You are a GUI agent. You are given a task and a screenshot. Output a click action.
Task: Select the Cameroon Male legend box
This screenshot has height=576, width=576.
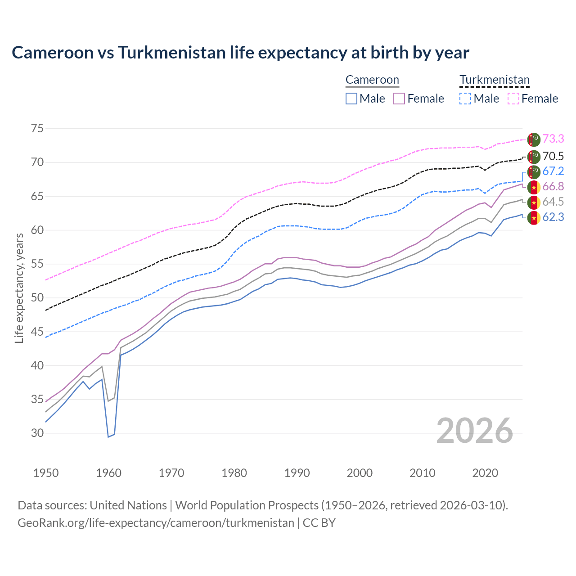351,99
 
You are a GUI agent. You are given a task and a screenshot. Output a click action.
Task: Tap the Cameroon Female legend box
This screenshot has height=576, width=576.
399,99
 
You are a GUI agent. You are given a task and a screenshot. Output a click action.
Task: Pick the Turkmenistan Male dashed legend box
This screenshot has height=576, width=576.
465,99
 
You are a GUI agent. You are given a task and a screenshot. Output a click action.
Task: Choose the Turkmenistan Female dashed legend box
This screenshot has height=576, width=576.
513,99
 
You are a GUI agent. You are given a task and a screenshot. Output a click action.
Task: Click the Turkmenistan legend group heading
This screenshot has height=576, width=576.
495,80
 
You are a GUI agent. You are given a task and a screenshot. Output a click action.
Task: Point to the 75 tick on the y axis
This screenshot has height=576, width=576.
37,129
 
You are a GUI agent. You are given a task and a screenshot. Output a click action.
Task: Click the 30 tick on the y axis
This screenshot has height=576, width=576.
37,433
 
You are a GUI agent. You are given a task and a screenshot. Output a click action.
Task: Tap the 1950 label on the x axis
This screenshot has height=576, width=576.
46,473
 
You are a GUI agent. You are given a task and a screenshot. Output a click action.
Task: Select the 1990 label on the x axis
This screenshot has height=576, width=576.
297,473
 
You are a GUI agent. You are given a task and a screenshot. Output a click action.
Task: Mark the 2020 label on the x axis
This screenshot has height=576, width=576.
485,473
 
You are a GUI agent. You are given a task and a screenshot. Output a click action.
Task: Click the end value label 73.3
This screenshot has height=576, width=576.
553,139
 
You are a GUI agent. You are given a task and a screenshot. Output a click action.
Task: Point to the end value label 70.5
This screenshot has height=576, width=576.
553,156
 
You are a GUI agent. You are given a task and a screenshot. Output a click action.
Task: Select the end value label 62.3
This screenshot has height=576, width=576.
553,217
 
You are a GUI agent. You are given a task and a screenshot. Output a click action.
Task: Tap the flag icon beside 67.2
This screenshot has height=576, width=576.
534,172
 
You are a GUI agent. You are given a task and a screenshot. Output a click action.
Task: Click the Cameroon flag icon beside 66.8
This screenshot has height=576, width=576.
534,187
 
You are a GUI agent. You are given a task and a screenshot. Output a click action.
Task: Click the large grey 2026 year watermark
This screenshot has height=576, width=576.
475,431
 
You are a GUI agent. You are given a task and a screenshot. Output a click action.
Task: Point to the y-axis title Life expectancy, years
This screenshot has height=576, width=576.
19,288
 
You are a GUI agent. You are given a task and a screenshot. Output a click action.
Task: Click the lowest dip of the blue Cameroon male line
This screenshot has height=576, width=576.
108,436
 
